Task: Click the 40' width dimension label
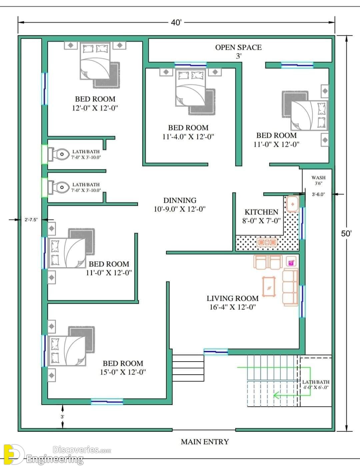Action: (x=176, y=22)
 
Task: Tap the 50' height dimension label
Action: (x=346, y=233)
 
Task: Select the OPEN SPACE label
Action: (x=238, y=47)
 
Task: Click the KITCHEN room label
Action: (x=261, y=212)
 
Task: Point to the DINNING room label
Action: (x=180, y=200)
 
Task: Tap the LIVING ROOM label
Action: (x=233, y=298)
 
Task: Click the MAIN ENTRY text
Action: (x=205, y=442)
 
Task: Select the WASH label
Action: (x=318, y=178)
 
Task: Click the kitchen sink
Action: (x=293, y=204)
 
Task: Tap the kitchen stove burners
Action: (x=267, y=242)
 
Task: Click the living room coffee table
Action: (x=269, y=287)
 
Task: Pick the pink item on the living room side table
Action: (x=291, y=263)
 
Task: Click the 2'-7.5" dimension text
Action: (x=31, y=220)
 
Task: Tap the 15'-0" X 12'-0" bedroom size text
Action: (x=123, y=372)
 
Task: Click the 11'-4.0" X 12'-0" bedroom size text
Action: (x=188, y=137)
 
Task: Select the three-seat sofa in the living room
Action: (x=290, y=287)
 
